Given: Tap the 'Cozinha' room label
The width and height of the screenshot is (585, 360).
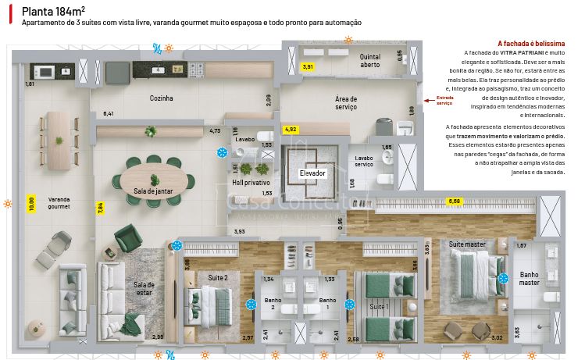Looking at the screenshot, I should [161, 98].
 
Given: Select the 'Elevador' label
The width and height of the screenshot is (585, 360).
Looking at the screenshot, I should [312, 173].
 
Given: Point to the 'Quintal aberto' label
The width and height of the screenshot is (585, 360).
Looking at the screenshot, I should [370, 61].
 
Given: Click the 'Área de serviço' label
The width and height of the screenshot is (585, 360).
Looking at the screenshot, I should [346, 103].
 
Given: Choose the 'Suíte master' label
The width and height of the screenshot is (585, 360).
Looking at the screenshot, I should [467, 244].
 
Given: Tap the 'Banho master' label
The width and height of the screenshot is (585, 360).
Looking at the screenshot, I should [530, 278].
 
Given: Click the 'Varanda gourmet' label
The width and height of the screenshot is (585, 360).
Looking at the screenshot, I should [59, 203].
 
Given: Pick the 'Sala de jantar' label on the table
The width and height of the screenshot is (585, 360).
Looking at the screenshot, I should [152, 191].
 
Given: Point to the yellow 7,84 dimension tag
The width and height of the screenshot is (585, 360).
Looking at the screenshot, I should [100, 208].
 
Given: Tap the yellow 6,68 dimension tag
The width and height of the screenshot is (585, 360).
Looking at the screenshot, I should [454, 201].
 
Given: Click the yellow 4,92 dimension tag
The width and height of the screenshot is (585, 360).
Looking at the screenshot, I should [290, 128].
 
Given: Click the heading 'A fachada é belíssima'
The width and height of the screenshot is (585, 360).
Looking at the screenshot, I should [530, 44].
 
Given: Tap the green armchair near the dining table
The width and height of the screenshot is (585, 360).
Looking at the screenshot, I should [127, 237].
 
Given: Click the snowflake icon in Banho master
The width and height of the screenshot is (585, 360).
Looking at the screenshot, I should [504, 278].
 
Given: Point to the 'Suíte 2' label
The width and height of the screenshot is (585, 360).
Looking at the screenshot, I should [218, 277].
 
